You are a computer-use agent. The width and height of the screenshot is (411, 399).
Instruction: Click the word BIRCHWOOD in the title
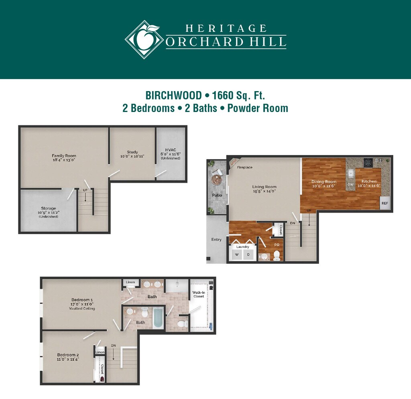coord(173,96)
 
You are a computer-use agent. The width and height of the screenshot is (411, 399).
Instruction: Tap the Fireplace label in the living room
coord(244,167)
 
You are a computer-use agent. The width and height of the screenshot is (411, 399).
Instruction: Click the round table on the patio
coord(216,180)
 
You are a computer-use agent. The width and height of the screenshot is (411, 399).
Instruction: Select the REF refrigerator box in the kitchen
coord(385,203)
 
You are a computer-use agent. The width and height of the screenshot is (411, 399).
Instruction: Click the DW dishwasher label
coord(350,184)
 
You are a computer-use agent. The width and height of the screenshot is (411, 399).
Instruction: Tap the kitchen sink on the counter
coord(351,173)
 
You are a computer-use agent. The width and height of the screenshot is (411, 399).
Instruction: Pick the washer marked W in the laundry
coord(237,254)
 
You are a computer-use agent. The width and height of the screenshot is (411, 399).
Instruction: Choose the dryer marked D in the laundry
coord(248,254)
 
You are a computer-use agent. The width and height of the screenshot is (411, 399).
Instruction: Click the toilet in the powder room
coord(277,256)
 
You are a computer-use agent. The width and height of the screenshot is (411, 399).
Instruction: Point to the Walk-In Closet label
coord(199,294)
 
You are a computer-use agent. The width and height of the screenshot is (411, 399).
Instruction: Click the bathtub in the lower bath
coord(158,318)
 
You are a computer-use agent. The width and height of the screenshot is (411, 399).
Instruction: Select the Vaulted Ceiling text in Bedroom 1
coord(82,309)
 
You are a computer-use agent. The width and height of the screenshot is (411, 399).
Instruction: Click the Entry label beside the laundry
coord(216,239)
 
